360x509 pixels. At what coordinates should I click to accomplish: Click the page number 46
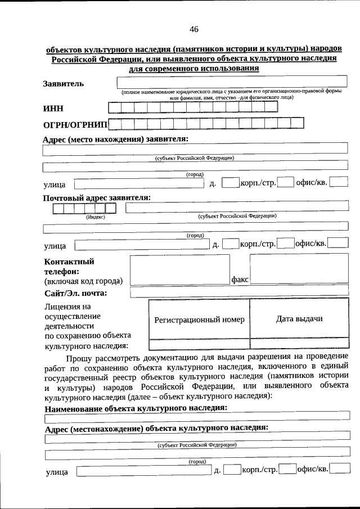coord(194,29)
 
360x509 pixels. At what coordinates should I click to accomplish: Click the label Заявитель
coord(64,84)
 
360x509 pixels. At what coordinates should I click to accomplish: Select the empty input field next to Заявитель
coord(231,82)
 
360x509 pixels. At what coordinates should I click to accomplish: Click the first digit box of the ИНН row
coord(114,107)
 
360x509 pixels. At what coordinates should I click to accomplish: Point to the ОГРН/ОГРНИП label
coord(75,124)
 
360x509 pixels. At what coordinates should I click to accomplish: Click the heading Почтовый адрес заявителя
coord(97,197)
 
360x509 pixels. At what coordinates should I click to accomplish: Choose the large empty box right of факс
coord(299,269)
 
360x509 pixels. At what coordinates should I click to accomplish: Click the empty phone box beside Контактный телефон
coord(179,269)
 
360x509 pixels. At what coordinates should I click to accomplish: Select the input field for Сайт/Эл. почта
coord(239,292)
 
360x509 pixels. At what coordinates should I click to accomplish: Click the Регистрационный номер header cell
coord(199,319)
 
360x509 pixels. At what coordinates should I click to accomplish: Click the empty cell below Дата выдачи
coord(299,343)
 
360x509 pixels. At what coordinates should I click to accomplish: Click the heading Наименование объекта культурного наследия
coord(136,407)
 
